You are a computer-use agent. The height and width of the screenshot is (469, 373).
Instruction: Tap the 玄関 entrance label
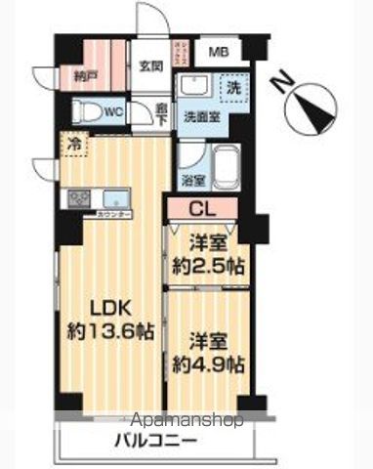150,65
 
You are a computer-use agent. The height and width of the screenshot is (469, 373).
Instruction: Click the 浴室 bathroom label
191,180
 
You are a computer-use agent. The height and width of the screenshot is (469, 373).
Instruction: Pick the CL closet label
204,207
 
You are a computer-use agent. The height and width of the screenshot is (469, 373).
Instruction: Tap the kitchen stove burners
77,198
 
